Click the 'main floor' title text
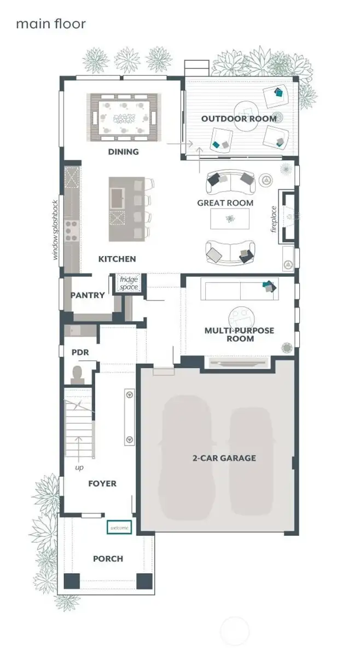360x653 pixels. (50, 24)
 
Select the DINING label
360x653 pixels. (123, 152)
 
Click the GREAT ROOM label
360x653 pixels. (225, 203)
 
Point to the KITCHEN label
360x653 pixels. (117, 258)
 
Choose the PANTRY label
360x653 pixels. (88, 295)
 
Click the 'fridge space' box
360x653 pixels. (130, 283)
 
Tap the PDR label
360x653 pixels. (80, 352)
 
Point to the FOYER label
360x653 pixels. (102, 483)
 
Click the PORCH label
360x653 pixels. (108, 558)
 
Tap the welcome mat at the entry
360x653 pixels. (119, 528)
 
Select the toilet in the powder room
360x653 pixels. (78, 374)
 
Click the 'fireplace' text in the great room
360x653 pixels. (274, 219)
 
